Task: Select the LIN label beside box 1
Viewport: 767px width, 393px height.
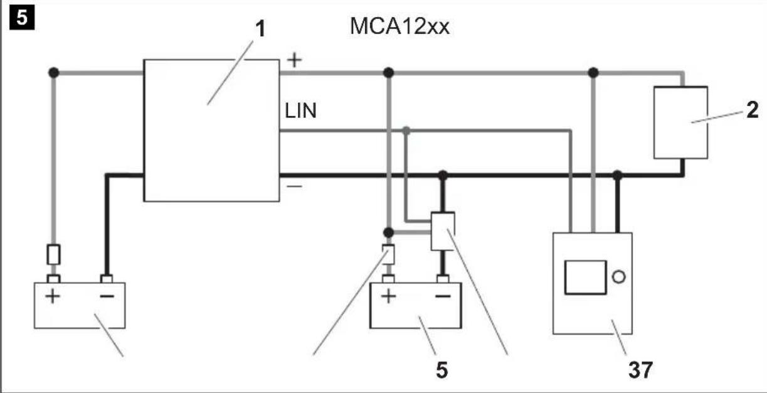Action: pos(300,112)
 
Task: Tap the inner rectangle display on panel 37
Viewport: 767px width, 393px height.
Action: pos(586,277)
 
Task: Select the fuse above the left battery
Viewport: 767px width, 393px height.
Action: pos(54,255)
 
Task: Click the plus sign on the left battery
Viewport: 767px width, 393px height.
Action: pos(53,295)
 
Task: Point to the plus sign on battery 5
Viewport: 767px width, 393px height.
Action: pos(389,295)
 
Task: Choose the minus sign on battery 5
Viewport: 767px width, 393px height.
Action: pos(443,295)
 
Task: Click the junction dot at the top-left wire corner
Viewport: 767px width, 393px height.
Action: pos(54,73)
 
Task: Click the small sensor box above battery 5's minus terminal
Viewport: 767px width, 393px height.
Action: pos(443,230)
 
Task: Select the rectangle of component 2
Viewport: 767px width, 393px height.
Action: pos(680,123)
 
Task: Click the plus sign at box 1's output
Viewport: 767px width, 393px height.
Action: pos(294,60)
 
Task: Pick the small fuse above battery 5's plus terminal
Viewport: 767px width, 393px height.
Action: pos(389,254)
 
